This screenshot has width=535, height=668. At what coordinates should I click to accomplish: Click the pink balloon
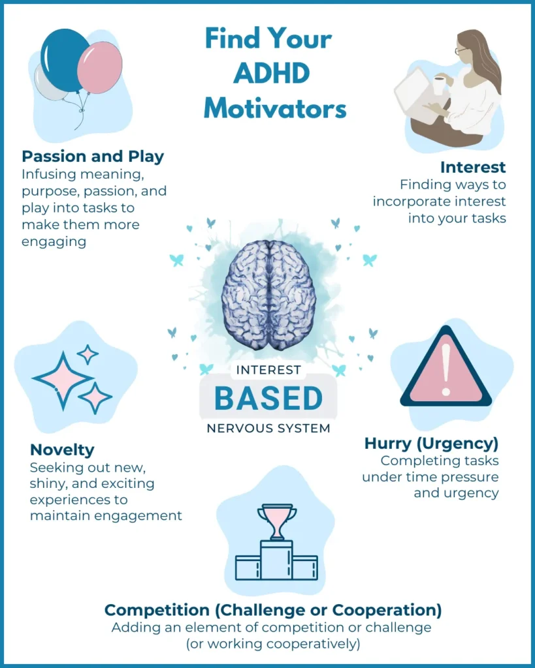(100, 68)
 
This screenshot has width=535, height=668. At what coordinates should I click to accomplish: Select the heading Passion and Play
(93, 157)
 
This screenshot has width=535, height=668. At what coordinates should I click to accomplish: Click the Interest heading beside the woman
(473, 167)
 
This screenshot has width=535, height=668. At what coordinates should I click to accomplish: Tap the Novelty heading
(62, 449)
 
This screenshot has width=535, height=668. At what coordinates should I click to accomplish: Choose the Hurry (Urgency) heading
(431, 444)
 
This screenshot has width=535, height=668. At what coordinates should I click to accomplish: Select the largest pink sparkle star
(63, 380)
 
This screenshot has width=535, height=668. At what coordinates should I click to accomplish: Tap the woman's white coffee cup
(439, 84)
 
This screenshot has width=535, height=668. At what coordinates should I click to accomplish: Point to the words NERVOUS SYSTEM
(268, 429)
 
